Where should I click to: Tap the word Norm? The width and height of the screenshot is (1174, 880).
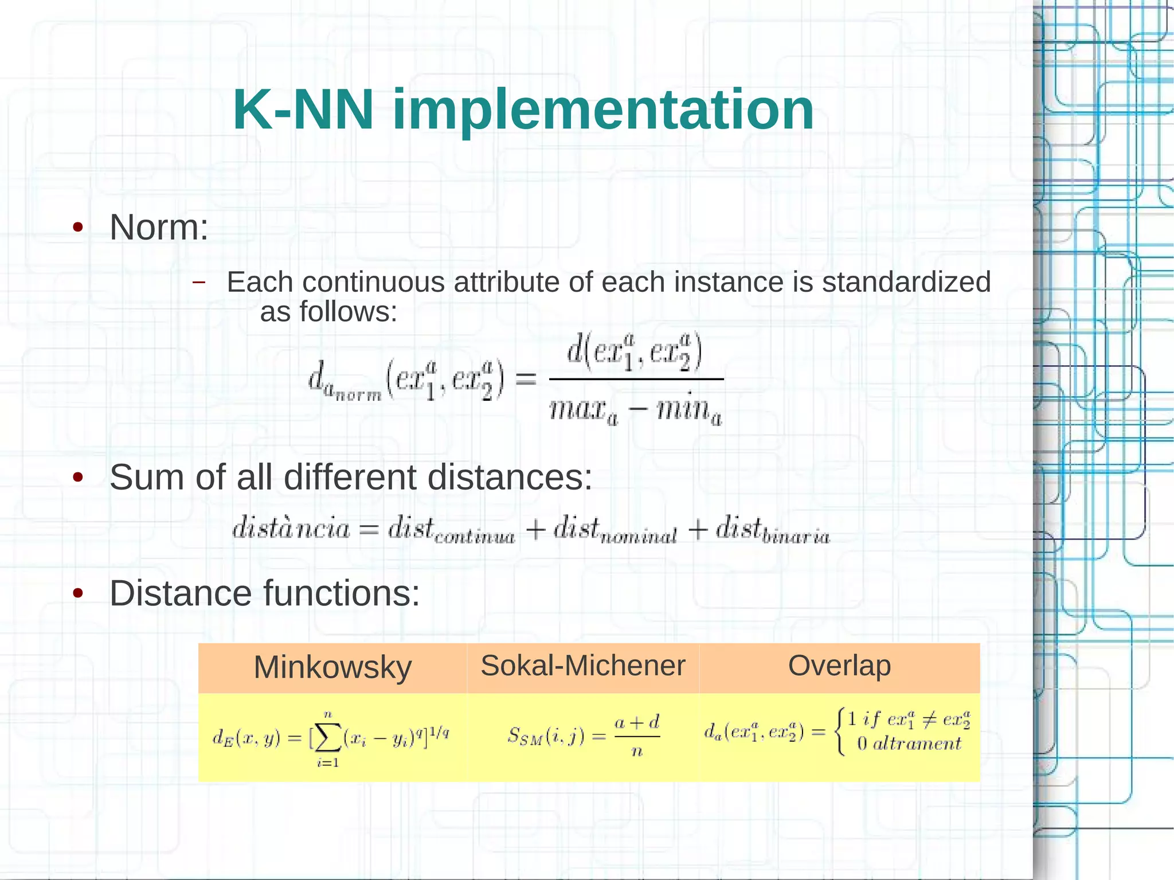point(159,228)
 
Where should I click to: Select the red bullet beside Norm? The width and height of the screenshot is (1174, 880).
point(78,228)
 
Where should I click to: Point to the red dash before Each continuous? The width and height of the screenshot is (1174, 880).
point(198,282)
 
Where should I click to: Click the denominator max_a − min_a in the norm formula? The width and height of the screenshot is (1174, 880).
point(635,409)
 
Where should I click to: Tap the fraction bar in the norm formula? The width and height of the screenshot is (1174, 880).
point(635,379)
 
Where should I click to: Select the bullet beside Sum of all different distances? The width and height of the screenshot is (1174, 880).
point(78,477)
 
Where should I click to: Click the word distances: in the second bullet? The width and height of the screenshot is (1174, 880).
point(510,477)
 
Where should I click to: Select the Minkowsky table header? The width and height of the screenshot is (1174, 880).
point(332,667)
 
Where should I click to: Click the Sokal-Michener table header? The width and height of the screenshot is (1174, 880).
point(582,666)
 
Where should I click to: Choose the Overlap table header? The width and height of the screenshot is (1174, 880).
point(839,666)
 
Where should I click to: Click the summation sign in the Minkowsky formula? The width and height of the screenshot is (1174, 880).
point(328,738)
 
